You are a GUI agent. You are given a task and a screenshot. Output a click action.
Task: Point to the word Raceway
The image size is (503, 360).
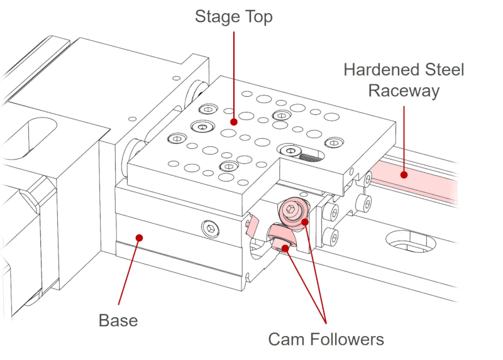[403, 90]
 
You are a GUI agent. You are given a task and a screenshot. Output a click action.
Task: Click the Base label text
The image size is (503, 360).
[118, 320]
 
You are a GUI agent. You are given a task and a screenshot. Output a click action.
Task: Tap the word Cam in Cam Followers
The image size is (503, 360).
[287, 339]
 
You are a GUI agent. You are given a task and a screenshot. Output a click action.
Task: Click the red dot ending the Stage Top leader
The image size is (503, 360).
[233, 122]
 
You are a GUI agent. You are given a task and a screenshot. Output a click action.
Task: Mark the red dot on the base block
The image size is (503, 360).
[139, 237]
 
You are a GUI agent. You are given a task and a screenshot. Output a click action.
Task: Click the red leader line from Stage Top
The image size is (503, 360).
[233, 75]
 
